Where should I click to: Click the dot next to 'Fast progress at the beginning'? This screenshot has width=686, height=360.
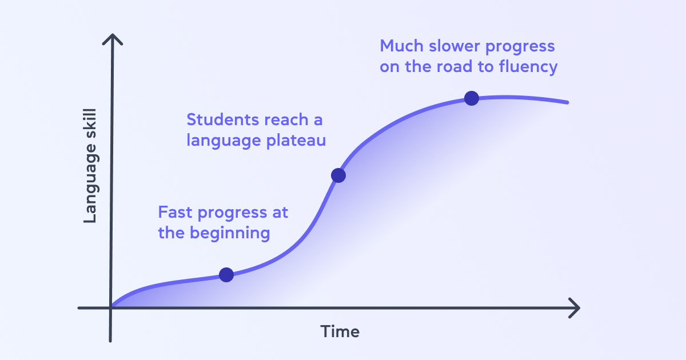click(x=226, y=275)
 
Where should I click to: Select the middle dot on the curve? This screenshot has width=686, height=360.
click(x=338, y=175)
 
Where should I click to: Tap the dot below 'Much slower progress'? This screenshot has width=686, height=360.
click(x=472, y=98)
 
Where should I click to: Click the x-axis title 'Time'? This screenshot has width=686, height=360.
click(x=340, y=331)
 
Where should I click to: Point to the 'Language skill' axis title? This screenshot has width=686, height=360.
click(x=90, y=166)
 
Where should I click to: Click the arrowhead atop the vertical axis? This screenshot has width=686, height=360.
click(x=113, y=39)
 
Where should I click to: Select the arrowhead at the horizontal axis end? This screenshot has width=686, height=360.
click(x=574, y=308)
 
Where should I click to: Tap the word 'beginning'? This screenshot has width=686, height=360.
click(x=230, y=234)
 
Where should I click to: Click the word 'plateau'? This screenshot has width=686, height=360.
click(x=296, y=141)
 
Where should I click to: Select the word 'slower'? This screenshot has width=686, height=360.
click(x=454, y=46)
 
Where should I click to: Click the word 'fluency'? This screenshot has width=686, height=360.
click(x=528, y=67)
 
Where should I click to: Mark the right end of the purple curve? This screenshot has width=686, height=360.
click(x=567, y=102)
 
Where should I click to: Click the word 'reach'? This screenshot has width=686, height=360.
click(x=286, y=119)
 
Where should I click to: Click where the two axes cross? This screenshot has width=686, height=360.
click(x=110, y=308)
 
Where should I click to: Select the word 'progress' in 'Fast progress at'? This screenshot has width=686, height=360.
click(x=233, y=213)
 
